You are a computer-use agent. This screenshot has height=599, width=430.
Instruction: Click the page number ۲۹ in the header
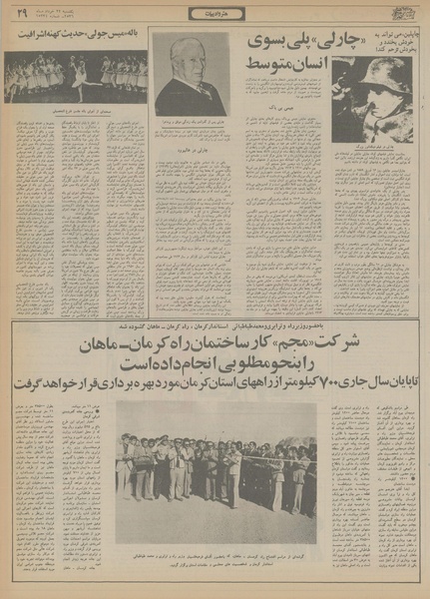point(21,13)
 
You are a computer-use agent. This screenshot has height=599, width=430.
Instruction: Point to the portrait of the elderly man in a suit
point(191,78)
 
